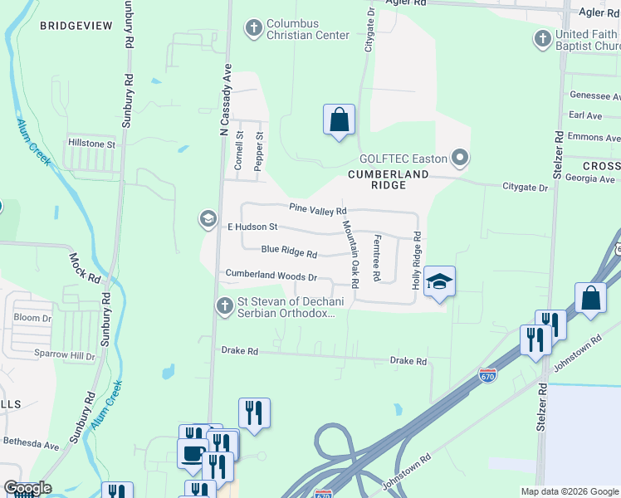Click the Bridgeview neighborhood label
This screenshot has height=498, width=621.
click(76, 27)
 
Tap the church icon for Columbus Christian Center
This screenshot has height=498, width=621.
click(254, 29)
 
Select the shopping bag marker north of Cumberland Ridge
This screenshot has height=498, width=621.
click(339, 120)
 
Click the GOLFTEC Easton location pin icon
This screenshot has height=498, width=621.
click(460, 159)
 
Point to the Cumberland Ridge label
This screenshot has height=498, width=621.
click(389, 179)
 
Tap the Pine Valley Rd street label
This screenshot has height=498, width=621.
click(317, 210)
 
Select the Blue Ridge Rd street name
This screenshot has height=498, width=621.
click(289, 251)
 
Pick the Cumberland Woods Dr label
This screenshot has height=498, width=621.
click(271, 275)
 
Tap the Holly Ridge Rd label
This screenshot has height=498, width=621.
click(417, 261)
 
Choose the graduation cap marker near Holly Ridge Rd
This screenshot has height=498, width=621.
click(439, 282)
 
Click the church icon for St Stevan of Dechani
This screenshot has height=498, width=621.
click(223, 306)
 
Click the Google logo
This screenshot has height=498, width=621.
click(27, 488)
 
